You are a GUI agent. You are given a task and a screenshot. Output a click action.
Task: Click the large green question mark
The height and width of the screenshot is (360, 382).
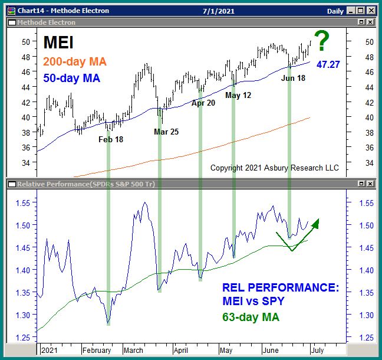(322, 42)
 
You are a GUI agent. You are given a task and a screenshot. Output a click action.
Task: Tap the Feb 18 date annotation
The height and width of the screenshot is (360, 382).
(110, 140)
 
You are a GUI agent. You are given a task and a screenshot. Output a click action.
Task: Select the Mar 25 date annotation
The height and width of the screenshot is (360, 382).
(166, 132)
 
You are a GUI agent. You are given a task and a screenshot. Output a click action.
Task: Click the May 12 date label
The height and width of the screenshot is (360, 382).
(238, 94)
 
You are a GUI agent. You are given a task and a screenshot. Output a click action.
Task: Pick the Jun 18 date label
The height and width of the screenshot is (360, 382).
(293, 78)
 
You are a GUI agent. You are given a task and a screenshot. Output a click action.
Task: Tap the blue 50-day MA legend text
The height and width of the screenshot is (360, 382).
(72, 78)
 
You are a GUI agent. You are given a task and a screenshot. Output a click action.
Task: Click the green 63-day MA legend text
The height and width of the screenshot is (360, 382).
(250, 318)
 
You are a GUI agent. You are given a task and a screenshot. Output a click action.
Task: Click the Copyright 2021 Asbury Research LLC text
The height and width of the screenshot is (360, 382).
(275, 168)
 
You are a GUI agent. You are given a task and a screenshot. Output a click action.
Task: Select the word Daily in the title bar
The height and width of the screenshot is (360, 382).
(335, 11)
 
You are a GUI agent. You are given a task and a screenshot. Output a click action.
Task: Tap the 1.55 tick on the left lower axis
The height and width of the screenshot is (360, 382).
(25, 202)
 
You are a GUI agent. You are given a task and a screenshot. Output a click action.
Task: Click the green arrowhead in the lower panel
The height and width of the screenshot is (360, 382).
(315, 223)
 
